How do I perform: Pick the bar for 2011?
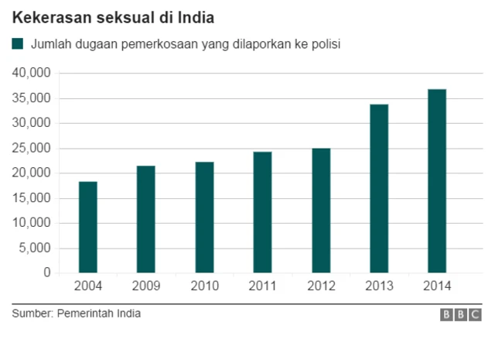pos(262,212)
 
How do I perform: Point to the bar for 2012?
pos(321,210)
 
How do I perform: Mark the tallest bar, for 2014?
pos(437,181)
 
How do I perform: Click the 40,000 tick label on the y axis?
pos(32,73)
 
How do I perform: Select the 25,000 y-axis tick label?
pos(32,148)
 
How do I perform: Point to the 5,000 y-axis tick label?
pos(35,249)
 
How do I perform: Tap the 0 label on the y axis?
pos(46,273)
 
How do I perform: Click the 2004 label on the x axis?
pos(88,286)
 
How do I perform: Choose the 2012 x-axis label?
pos(321,286)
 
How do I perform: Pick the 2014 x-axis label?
pos(437,286)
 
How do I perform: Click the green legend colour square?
pos(18,44)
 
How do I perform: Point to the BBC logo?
pos(461,315)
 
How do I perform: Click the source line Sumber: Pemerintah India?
pos(77,314)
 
